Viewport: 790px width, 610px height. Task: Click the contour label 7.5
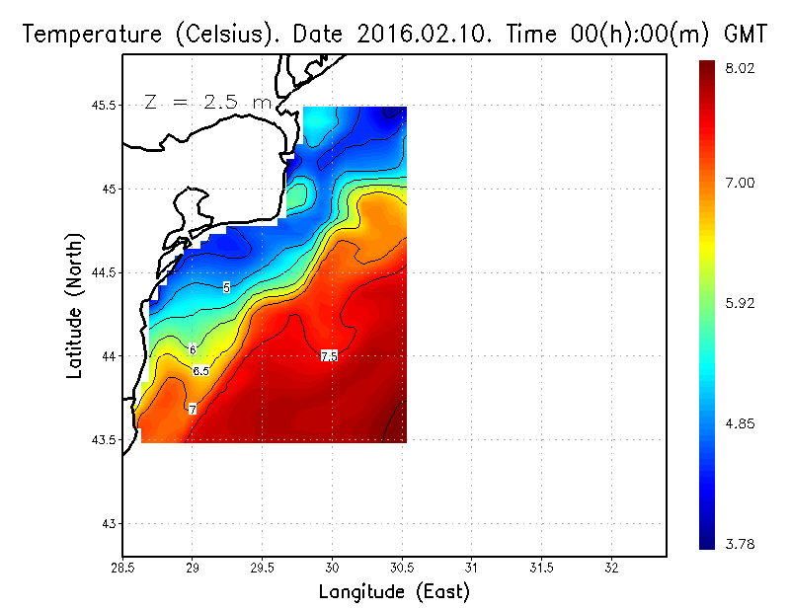coord(329,355)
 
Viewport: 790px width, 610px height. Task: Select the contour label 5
coord(226,287)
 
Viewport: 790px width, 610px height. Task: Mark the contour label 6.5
coord(200,371)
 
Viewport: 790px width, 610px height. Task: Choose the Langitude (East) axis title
coord(394,592)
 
